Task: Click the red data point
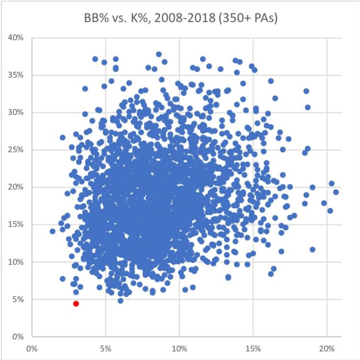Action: [x=76, y=304]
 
